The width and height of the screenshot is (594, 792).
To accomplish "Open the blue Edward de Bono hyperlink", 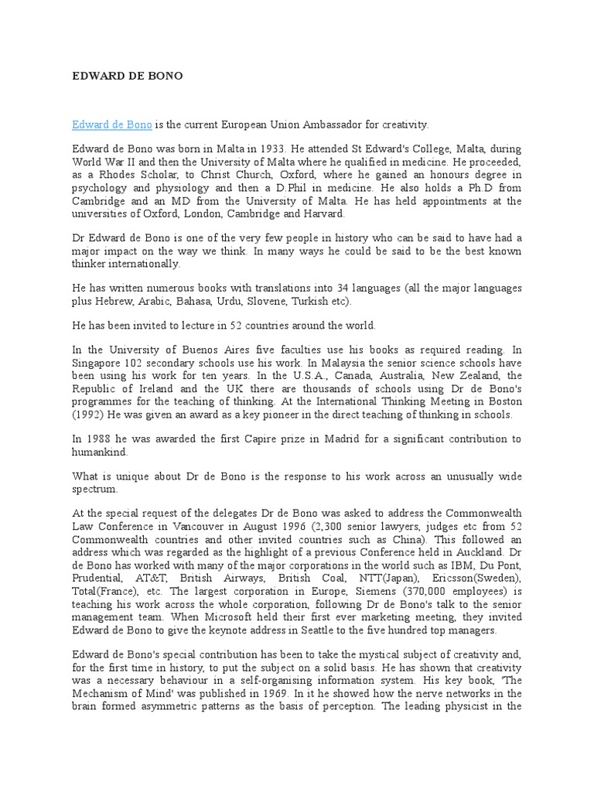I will (112, 125).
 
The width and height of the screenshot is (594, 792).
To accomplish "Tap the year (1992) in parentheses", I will (90, 415).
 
